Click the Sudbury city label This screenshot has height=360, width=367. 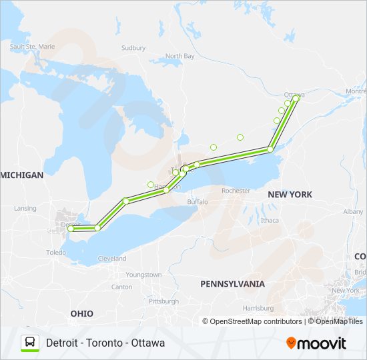133,48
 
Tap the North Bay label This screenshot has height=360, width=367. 179,56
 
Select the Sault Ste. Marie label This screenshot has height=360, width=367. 32,47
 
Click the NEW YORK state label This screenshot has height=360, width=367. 290,194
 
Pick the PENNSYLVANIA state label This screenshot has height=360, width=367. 232,283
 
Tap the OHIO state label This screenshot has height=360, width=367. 82,313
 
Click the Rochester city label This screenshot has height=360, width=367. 236,191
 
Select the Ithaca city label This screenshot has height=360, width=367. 270,220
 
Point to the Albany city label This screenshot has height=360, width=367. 353,211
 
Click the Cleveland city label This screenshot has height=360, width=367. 111,258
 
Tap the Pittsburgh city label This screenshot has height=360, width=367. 163,301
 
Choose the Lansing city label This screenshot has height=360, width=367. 25,208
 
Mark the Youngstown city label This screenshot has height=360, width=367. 143,275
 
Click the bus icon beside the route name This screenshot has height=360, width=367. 30,343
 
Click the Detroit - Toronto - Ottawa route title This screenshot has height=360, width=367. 105,343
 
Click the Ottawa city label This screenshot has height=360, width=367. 294,94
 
